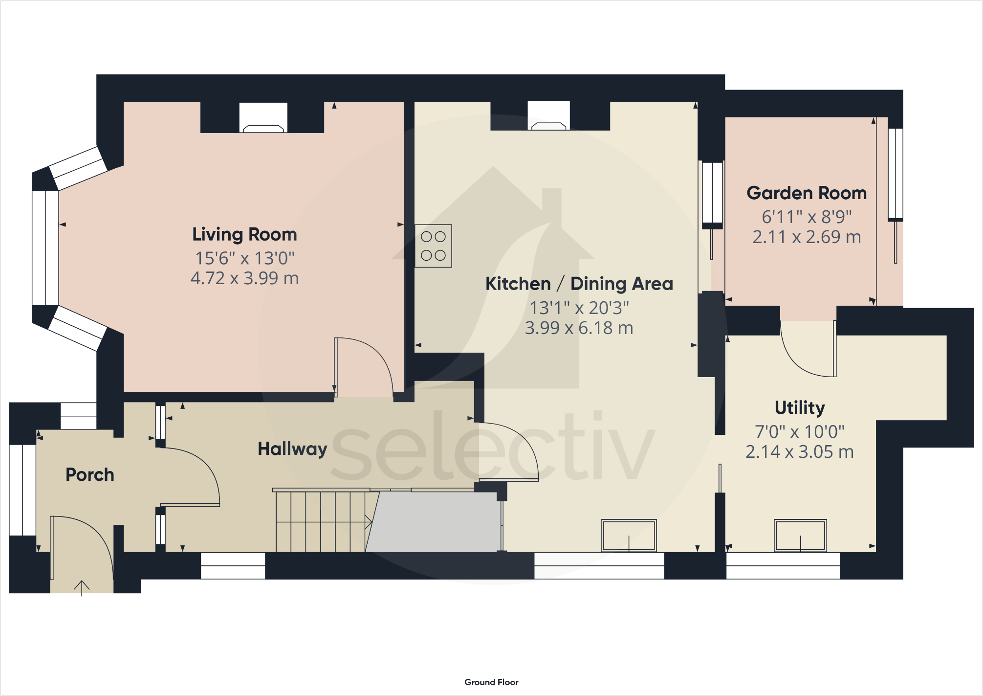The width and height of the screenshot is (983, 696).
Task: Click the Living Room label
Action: tap(244, 234)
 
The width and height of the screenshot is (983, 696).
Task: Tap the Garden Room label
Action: tap(807, 193)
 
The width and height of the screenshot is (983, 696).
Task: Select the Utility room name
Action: tap(800, 407)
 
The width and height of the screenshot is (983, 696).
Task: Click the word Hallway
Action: tap(292, 449)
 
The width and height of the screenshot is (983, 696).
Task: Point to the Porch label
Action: tap(90, 474)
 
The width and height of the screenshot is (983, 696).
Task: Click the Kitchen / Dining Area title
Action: tap(579, 284)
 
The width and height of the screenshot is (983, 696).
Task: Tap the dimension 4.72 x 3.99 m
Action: tap(244, 278)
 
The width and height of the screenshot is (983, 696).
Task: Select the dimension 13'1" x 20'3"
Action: tap(579, 308)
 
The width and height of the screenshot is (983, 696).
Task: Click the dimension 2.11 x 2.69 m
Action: tap(807, 237)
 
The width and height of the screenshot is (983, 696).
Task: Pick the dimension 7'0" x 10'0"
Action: tap(800, 432)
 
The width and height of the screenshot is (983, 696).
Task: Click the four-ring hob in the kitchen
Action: tap(433, 246)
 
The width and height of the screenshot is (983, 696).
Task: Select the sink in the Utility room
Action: tap(800, 536)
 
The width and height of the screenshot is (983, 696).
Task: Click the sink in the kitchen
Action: tap(629, 536)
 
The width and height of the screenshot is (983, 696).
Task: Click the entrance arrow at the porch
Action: tap(82, 587)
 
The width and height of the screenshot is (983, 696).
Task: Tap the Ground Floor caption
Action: tap(491, 682)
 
